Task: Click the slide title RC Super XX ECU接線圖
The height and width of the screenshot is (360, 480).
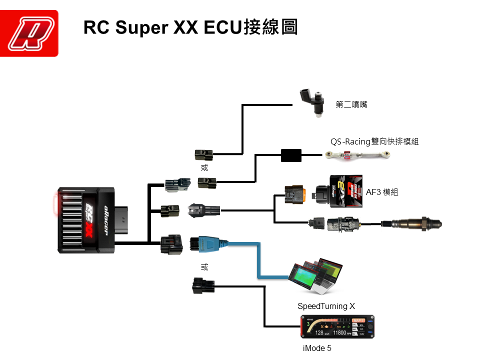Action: (x=190, y=27)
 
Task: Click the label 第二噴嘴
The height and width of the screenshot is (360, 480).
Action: (x=351, y=104)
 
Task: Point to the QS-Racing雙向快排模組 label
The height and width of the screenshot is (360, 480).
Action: (x=374, y=141)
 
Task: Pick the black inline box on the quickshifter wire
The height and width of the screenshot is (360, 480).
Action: (x=291, y=155)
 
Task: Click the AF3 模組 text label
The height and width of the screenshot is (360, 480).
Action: (x=382, y=192)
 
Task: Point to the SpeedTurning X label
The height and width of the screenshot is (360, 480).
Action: (x=326, y=305)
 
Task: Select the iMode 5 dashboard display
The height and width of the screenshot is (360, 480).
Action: (x=337, y=327)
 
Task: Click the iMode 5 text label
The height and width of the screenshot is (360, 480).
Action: (x=317, y=348)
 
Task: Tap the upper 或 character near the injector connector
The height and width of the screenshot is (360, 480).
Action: (x=204, y=168)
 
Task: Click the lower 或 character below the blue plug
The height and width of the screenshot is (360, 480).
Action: (x=204, y=267)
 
